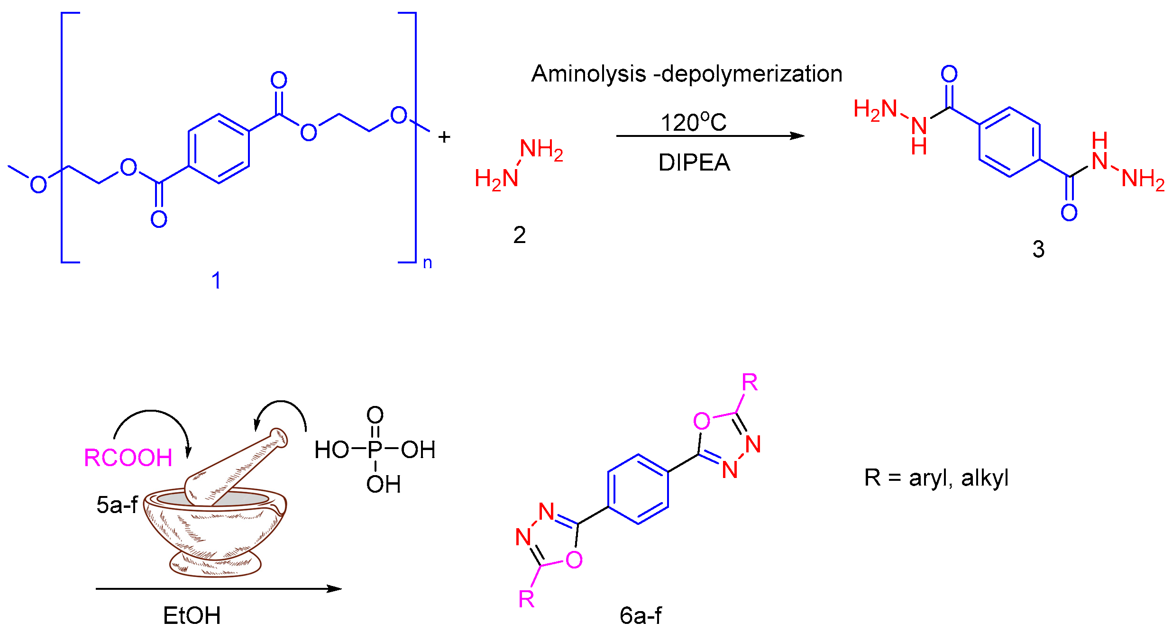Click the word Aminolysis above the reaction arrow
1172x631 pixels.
(x=588, y=74)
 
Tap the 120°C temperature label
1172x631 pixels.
(x=693, y=122)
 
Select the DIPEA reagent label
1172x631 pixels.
(x=694, y=162)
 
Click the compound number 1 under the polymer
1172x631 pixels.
(x=216, y=280)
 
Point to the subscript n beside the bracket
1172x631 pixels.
(x=427, y=263)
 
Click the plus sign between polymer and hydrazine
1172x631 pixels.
(x=444, y=137)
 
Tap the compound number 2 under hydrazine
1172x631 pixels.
(x=520, y=235)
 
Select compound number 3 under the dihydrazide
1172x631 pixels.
(x=1038, y=249)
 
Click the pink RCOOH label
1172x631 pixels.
(x=128, y=458)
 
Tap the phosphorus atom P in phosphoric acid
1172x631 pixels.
(x=375, y=450)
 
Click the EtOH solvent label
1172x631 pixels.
(x=192, y=615)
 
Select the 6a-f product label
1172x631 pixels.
(x=641, y=615)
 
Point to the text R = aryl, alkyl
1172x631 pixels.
(x=936, y=478)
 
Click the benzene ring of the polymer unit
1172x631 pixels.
(x=219, y=149)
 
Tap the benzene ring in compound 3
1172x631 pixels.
(x=1009, y=142)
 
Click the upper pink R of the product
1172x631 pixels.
(x=750, y=382)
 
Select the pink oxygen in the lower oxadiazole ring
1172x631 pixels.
(x=574, y=560)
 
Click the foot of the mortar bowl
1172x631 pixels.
(x=215, y=564)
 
